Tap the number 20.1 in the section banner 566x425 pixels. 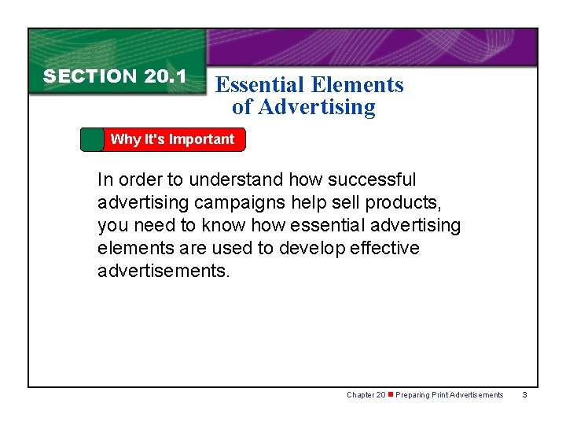click(x=165, y=76)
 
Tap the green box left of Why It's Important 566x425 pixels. click(x=92, y=139)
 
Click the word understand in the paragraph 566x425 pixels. click(x=235, y=180)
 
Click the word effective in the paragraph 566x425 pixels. click(x=381, y=249)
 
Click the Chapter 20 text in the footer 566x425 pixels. click(x=366, y=395)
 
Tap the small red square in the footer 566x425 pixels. click(x=390, y=394)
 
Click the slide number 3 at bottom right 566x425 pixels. click(x=524, y=395)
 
